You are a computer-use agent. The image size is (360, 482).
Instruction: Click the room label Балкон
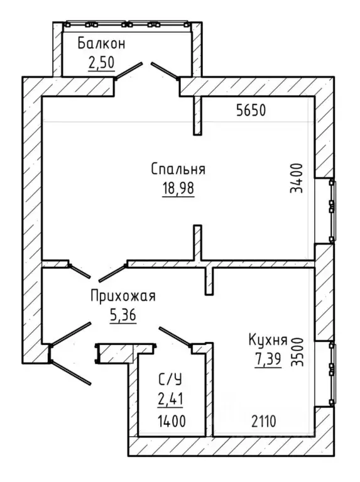click(101, 43)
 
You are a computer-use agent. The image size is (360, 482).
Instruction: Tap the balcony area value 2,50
click(101, 63)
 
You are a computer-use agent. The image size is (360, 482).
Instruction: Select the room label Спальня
click(178, 169)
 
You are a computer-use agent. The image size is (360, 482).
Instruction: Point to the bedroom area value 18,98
click(178, 188)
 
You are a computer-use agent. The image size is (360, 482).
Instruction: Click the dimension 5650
click(251, 111)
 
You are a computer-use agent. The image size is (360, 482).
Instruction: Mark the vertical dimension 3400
click(297, 178)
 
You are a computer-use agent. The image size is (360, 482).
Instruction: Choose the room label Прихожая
click(123, 296)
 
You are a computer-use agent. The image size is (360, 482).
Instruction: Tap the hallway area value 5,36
click(123, 315)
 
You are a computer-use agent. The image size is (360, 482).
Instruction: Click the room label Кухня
click(268, 340)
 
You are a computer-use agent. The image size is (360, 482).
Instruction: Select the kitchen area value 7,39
click(268, 359)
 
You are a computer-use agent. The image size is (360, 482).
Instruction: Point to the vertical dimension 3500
click(297, 352)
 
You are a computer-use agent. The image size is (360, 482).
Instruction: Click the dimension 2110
click(264, 421)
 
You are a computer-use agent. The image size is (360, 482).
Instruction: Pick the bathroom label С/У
click(170, 380)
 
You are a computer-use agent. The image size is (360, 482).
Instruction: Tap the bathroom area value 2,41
click(170, 400)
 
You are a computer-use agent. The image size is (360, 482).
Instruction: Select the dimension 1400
click(172, 421)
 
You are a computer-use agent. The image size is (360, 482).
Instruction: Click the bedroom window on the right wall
click(331, 211)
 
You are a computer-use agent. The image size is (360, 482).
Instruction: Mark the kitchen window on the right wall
click(331, 373)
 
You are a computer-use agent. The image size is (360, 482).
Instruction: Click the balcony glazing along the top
click(127, 25)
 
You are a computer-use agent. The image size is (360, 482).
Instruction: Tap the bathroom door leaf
click(175, 337)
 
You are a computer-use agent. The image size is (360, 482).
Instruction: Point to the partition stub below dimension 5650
click(197, 116)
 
